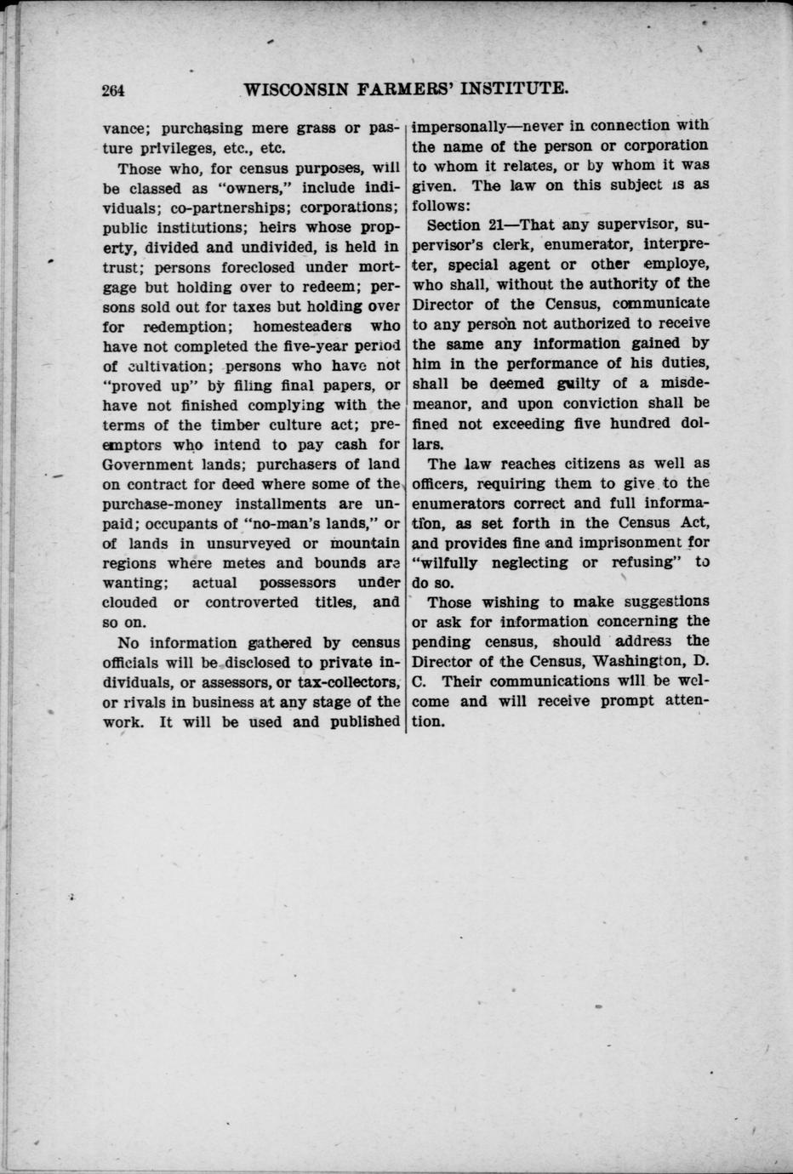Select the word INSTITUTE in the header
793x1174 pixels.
pyautogui.click(x=515, y=88)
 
